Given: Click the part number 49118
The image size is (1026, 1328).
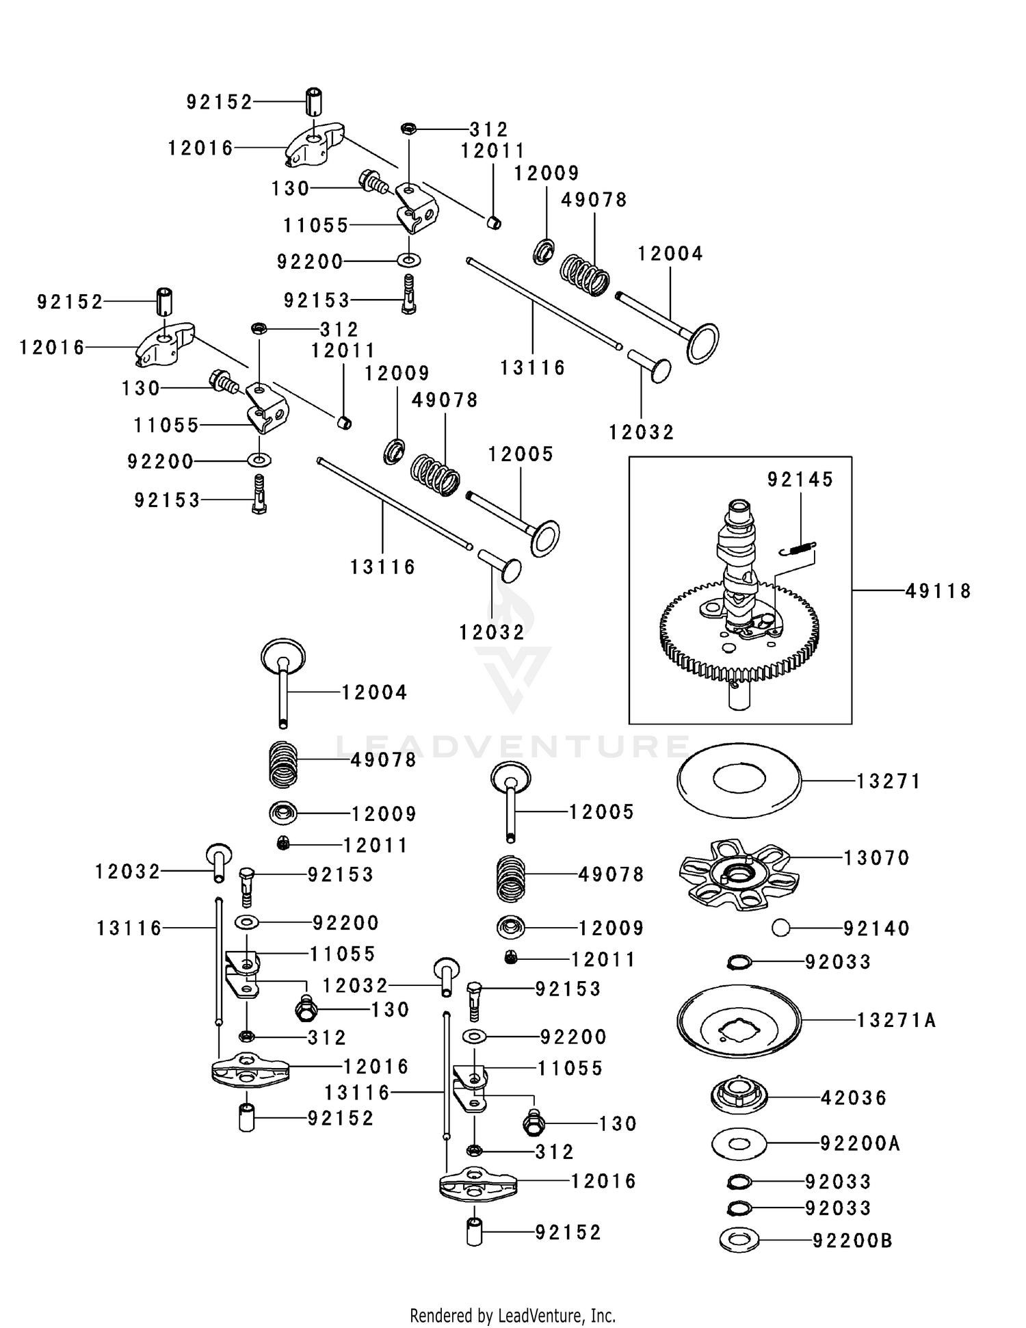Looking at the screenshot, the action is click(938, 590).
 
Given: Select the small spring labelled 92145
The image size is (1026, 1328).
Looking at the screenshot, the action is click(798, 548).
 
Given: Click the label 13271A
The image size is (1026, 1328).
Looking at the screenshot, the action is click(896, 1020).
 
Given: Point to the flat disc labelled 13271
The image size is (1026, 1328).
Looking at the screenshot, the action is click(739, 781).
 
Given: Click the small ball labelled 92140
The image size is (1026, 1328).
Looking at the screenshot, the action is click(780, 928).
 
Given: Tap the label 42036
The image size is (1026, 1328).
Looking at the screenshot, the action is click(854, 1098).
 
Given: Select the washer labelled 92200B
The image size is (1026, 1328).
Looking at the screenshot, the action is click(739, 1240).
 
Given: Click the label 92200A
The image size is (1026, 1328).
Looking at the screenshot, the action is click(860, 1143).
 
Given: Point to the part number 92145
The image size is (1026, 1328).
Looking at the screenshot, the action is click(800, 480).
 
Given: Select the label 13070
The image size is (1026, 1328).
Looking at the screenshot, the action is click(876, 858).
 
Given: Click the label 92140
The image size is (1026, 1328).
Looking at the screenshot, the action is click(876, 928).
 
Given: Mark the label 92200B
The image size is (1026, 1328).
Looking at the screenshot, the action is click(852, 1240).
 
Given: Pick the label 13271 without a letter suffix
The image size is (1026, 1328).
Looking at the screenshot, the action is click(889, 781).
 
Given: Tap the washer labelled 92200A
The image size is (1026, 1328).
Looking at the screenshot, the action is click(739, 1144).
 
